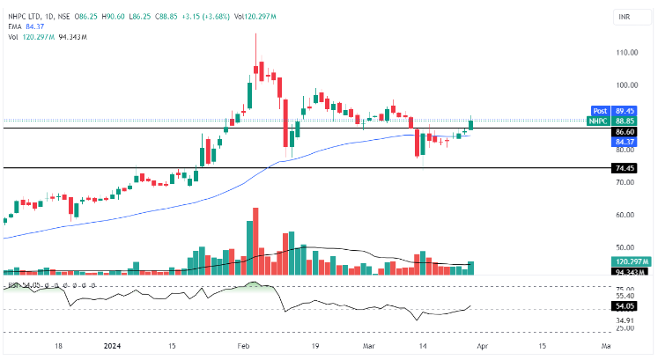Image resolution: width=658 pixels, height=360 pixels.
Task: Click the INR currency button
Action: click(x=625, y=16)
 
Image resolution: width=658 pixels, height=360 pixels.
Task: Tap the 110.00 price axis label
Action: click(x=627, y=53)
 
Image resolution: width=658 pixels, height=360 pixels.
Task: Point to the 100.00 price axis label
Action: click(x=627, y=85)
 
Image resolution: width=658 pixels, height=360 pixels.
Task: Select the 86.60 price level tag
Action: click(x=625, y=131)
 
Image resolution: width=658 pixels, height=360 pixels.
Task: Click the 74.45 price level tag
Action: click(x=625, y=168)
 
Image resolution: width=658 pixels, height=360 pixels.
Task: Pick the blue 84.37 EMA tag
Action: click(x=625, y=141)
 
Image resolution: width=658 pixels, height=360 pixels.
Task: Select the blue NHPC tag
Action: click(x=599, y=121)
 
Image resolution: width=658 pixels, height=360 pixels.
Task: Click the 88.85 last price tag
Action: click(x=625, y=121)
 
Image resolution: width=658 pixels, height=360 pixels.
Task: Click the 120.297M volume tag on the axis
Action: click(x=630, y=262)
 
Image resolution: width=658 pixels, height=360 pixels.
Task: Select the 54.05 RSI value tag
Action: click(x=625, y=305)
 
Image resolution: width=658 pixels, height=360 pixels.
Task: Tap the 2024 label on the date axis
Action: click(x=114, y=347)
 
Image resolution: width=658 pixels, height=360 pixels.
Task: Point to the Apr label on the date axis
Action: click(x=482, y=347)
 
